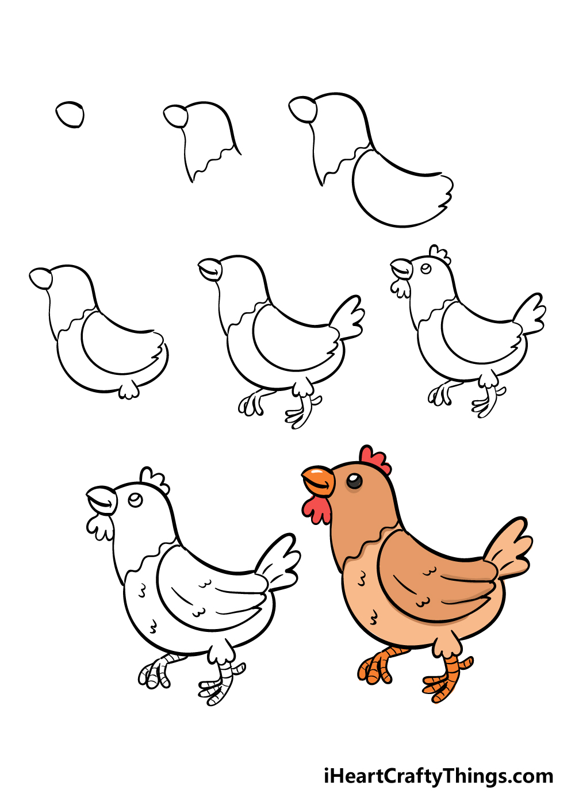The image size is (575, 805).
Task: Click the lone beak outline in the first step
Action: (70, 114)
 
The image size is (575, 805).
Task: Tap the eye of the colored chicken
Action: (354, 481)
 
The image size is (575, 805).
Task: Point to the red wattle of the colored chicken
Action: (316, 509)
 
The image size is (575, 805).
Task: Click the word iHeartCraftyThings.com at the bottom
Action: (438, 777)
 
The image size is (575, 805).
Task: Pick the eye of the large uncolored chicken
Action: (136, 500)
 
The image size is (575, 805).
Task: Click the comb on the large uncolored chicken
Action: (155, 480)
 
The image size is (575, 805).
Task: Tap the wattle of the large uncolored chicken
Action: (99, 527)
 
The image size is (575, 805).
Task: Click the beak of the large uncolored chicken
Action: (102, 500)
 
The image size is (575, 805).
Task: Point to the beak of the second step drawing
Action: (176, 116)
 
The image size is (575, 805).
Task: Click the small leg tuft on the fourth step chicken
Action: (129, 390)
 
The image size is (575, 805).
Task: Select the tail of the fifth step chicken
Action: (347, 317)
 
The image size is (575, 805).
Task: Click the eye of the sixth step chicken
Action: (426, 269)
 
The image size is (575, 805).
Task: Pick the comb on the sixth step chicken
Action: (440, 254)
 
